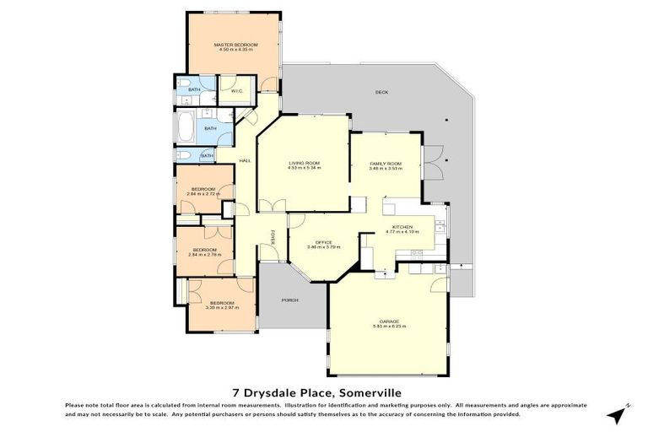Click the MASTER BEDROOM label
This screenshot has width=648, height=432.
point(235,45)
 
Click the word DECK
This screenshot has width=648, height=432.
point(381,92)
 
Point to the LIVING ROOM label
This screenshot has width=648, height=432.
point(304,163)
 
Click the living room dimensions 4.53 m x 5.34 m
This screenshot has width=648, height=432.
point(304,169)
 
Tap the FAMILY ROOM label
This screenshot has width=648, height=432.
point(386,163)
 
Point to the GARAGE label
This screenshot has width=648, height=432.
point(389,321)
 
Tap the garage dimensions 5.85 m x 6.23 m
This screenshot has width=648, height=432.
point(389,327)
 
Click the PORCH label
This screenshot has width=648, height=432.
point(289,300)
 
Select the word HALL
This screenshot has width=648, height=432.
point(246,160)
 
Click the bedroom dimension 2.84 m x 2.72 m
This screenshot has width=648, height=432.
point(203,194)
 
